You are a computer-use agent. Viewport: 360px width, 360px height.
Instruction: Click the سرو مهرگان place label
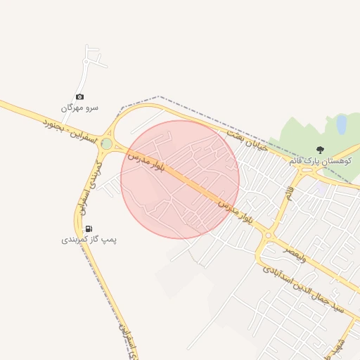pos(79,108)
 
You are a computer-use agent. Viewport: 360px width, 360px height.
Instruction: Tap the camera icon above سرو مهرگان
pos(79,96)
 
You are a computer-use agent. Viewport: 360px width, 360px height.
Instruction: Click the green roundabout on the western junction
pos(107,144)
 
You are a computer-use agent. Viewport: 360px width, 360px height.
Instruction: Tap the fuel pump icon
pos(89,229)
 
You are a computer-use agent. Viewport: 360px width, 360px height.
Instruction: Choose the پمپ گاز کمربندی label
pos(89,240)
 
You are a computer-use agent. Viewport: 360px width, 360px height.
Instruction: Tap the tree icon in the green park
pos(321,150)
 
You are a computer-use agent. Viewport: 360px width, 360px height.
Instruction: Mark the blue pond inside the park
pos(342,124)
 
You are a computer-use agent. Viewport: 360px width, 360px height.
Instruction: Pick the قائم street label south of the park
pos(288,191)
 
